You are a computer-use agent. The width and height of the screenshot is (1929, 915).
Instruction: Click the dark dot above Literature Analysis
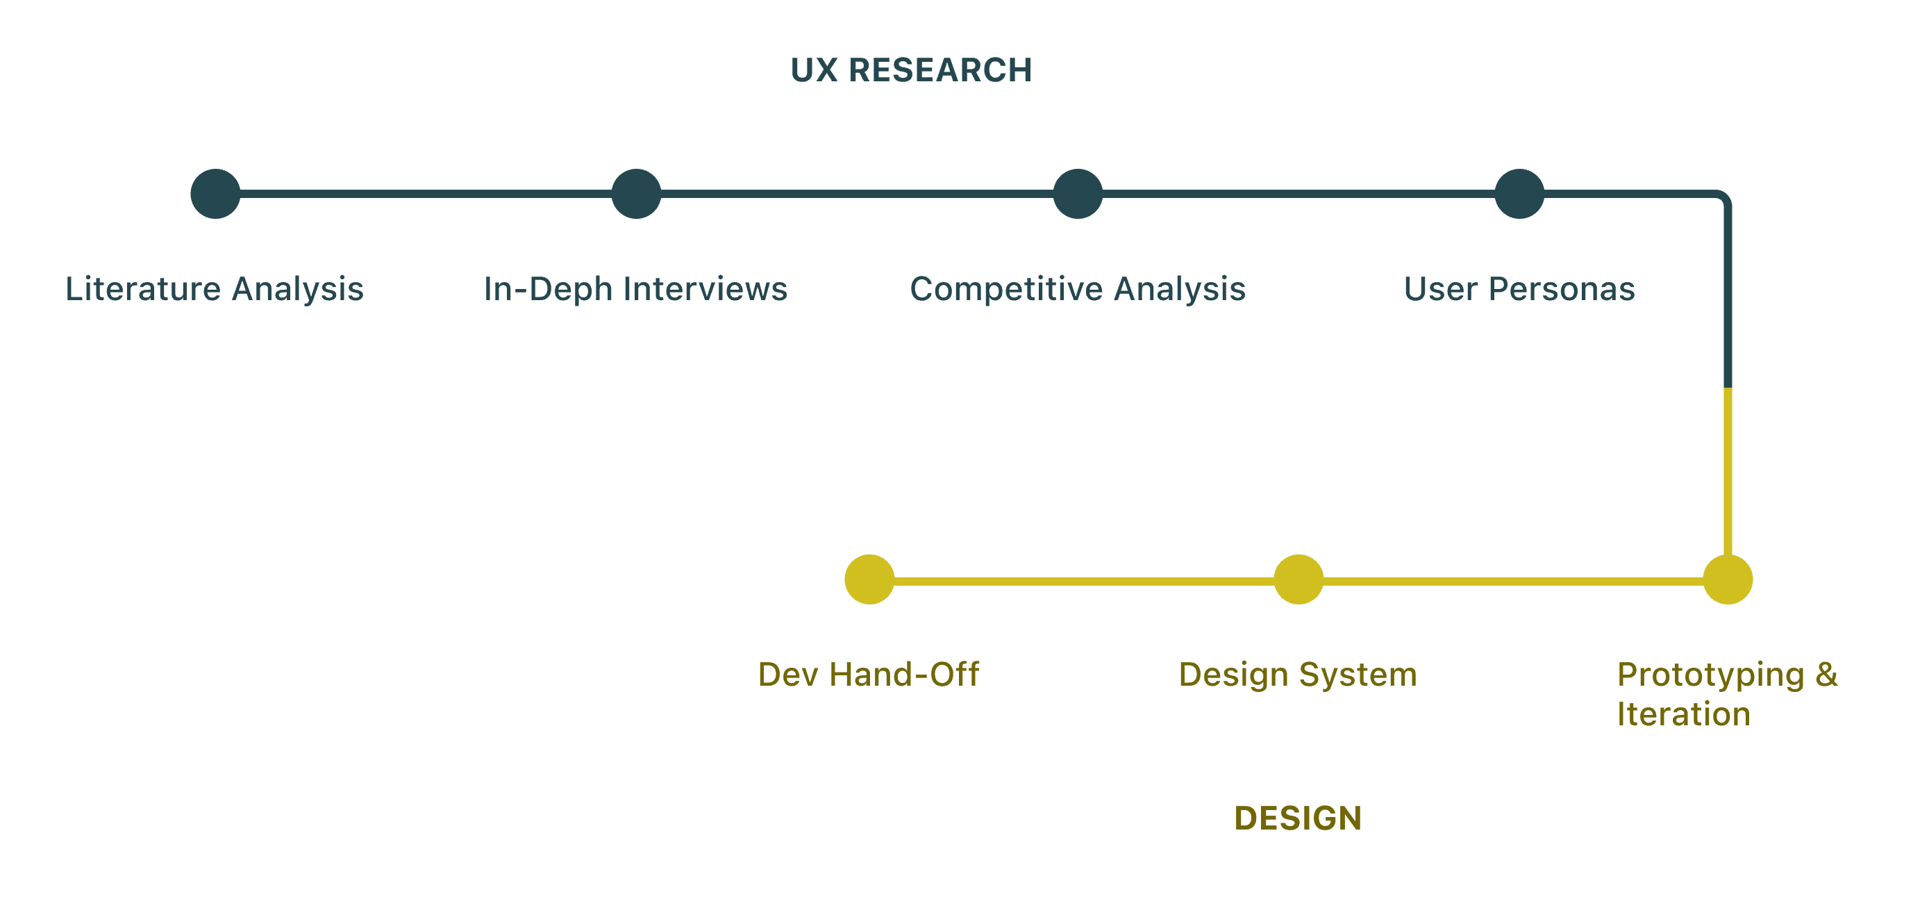216,194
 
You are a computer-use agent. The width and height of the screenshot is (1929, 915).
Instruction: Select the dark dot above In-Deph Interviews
637,194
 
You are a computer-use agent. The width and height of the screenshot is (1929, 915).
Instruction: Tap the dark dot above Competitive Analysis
1078,194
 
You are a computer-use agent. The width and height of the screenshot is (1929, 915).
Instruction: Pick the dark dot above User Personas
1519,194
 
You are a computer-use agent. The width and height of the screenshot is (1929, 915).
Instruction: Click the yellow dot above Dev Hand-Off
869,579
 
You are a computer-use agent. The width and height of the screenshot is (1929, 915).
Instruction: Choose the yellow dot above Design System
1298,579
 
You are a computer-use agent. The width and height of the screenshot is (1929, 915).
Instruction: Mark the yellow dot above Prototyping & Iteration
1728,579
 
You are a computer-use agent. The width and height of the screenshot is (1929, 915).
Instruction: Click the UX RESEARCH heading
911,70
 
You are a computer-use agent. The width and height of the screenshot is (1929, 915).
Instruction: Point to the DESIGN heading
1298,818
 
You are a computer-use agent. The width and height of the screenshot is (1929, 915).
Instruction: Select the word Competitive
1005,289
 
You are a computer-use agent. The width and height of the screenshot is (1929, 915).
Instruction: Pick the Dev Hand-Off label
869,675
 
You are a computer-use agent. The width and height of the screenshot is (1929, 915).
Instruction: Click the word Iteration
1683,714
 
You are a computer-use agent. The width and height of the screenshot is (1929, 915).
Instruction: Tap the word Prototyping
1710,675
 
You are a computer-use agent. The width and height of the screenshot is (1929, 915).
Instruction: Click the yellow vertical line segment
1728,472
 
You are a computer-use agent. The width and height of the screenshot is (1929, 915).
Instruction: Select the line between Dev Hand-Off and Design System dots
1083,581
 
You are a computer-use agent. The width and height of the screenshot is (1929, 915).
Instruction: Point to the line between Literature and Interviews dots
426,194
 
